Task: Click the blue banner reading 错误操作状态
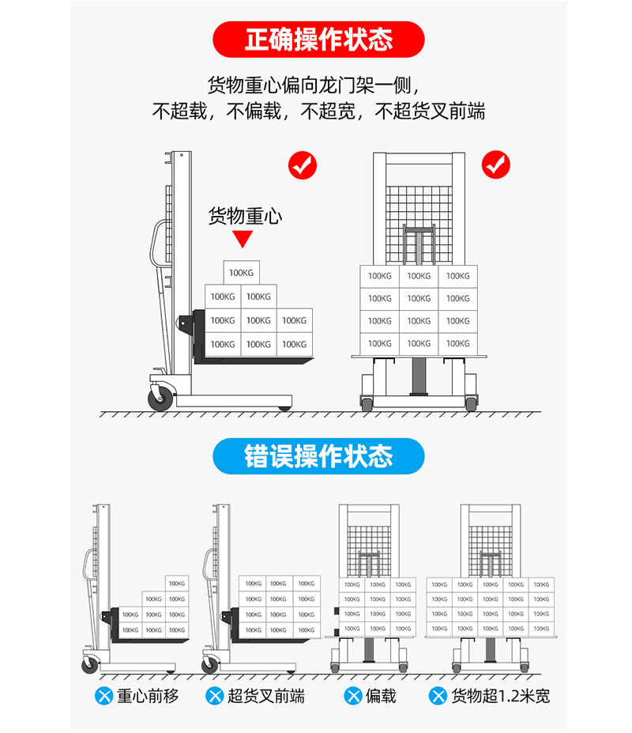318,456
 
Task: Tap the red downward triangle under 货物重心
243,240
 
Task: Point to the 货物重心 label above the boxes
245,216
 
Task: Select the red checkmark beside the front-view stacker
496,165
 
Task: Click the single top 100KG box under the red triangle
242,273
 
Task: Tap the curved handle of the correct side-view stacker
156,245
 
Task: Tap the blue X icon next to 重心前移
103,696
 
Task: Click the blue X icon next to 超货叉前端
214,696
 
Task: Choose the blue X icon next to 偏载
353,696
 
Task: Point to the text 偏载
381,696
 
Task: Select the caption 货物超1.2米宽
499,696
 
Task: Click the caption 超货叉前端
265,696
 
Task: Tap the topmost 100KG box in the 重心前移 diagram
177,584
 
